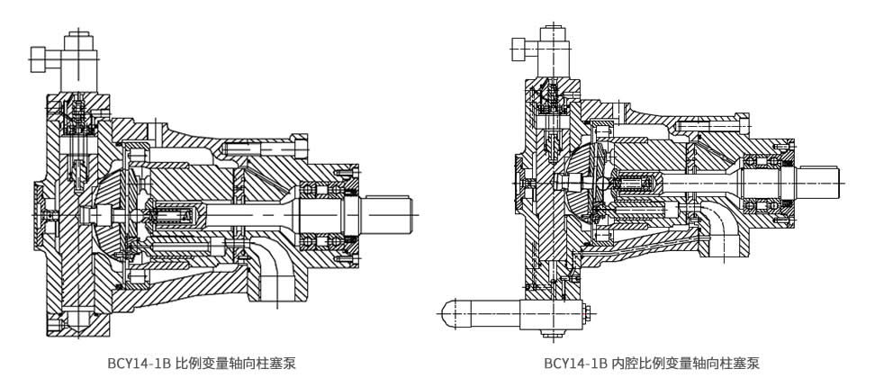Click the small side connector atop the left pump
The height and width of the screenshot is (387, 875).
(x=41, y=59)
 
